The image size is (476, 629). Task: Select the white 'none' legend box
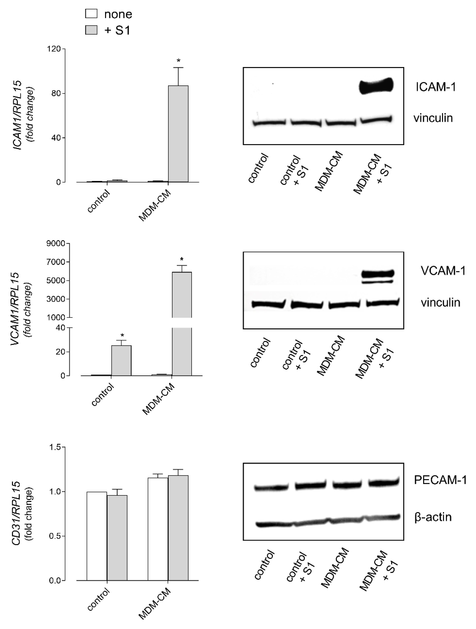91,14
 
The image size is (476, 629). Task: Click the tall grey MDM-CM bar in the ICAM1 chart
178,134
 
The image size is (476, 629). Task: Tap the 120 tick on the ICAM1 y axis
54,49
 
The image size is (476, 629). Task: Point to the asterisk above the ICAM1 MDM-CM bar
178,61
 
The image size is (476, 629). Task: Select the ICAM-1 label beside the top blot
436,87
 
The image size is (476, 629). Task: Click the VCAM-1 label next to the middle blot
443,271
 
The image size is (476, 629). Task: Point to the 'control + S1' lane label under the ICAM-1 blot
294,170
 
